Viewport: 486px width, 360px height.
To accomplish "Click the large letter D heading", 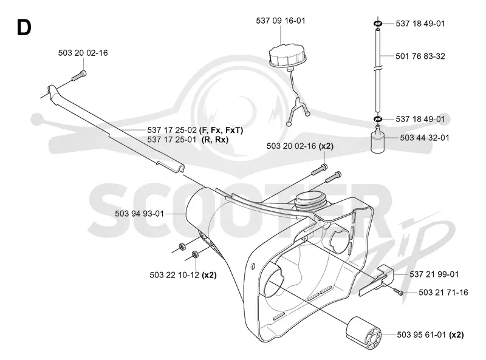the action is coord(24,27).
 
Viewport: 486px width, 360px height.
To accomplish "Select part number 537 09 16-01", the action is coord(281,21).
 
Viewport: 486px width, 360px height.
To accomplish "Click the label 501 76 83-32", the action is coord(420,56).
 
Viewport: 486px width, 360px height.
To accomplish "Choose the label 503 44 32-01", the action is coord(424,138).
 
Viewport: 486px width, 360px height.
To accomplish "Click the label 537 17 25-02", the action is coord(172,130).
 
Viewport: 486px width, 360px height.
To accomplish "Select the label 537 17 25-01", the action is coord(172,140).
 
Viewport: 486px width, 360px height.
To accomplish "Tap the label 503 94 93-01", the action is coord(139,214).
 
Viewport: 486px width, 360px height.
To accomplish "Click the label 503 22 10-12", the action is coord(174,275).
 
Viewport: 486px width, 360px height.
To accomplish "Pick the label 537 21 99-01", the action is coord(434,274).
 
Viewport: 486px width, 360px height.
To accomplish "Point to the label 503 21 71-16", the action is coord(443,292).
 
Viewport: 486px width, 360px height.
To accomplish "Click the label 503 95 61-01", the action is coord(422,335).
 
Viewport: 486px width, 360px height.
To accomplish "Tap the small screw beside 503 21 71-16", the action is coord(399,291).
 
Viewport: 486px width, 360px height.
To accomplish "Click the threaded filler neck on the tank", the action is coord(310,202).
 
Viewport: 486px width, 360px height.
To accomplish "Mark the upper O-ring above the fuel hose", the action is coord(378,24).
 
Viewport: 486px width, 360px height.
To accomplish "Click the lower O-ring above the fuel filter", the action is coord(378,119).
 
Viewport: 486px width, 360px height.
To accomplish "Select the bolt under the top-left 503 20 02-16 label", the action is coord(79,76).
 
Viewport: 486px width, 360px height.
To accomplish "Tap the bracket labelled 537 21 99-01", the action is coord(377,280).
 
